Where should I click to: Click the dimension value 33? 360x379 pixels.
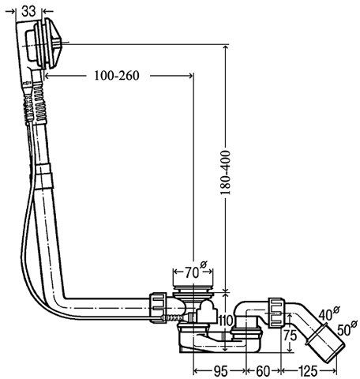28,11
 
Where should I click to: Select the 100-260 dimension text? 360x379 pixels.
117,76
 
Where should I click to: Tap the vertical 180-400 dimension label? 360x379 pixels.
225,173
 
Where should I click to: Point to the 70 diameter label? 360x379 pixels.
196,271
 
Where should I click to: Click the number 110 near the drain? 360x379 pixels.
226,321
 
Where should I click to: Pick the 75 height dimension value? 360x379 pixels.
290,335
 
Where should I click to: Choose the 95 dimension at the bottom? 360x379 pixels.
220,371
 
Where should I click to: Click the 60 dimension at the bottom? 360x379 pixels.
263,371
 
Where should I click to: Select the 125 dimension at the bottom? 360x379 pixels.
308,371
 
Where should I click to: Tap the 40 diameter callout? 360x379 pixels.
328,313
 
